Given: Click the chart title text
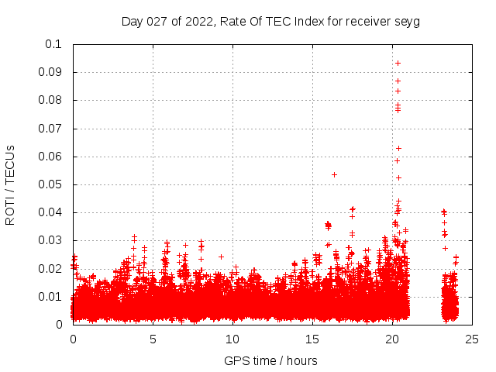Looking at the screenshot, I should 270,21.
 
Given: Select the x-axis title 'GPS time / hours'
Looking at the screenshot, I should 270,360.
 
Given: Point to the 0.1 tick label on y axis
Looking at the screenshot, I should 53,44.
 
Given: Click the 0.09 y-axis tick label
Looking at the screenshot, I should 50,72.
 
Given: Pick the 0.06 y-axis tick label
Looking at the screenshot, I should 50,157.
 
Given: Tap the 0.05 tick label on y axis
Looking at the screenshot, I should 50,184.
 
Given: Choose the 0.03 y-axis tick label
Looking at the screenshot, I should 50,240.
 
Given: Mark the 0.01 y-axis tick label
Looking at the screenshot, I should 50,297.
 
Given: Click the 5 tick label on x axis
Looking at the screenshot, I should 153,339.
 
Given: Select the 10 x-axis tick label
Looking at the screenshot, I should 232,339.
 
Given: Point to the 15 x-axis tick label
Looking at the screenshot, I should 312,339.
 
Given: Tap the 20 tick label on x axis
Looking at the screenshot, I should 392,339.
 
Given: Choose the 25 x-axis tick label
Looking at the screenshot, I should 472,339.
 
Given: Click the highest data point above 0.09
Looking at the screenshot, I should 398,63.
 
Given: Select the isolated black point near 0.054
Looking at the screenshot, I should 334,174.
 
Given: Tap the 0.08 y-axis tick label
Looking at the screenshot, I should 50,100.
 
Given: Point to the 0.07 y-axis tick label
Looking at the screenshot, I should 50,129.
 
